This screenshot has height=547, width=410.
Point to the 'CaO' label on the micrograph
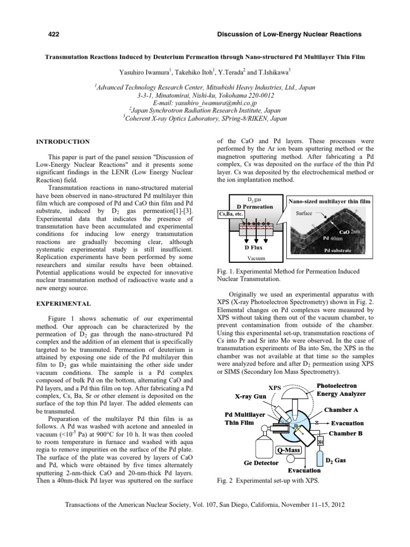tap(344, 232)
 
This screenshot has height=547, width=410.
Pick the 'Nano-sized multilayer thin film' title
tap(329, 201)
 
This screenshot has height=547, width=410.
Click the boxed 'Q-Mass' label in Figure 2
tap(289, 450)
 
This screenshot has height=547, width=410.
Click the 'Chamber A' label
tap(343, 410)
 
